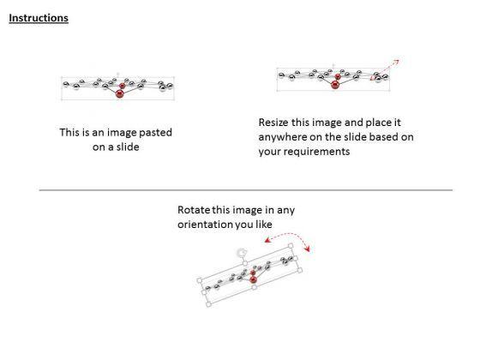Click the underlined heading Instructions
pyautogui.click(x=39, y=18)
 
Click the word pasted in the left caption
pyautogui.click(x=155, y=133)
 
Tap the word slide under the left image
pyautogui.click(x=128, y=147)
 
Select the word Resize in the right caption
pyautogui.click(x=273, y=123)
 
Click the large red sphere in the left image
pyautogui.click(x=120, y=93)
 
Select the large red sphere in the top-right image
pyautogui.click(x=335, y=85)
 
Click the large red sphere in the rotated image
pyautogui.click(x=253, y=279)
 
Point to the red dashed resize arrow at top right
pyautogui.click(x=385, y=69)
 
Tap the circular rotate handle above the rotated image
pyautogui.click(x=242, y=253)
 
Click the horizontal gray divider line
pyautogui.click(x=246, y=190)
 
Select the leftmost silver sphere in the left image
pyautogui.click(x=66, y=84)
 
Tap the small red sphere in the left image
pyautogui.click(x=123, y=86)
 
